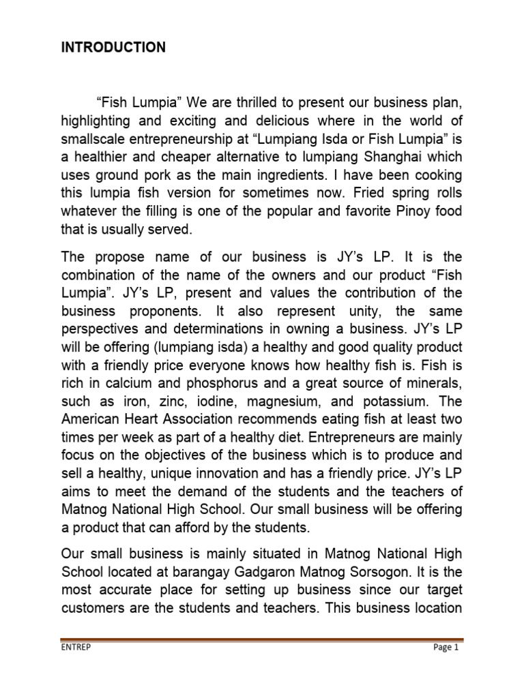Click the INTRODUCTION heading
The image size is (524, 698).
click(113, 48)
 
